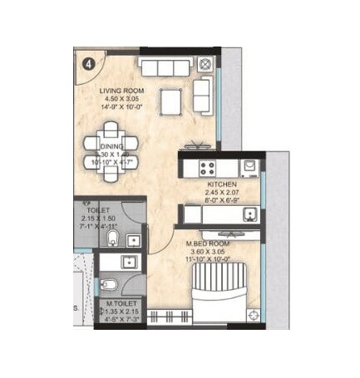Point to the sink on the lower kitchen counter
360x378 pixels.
coord(248,214)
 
